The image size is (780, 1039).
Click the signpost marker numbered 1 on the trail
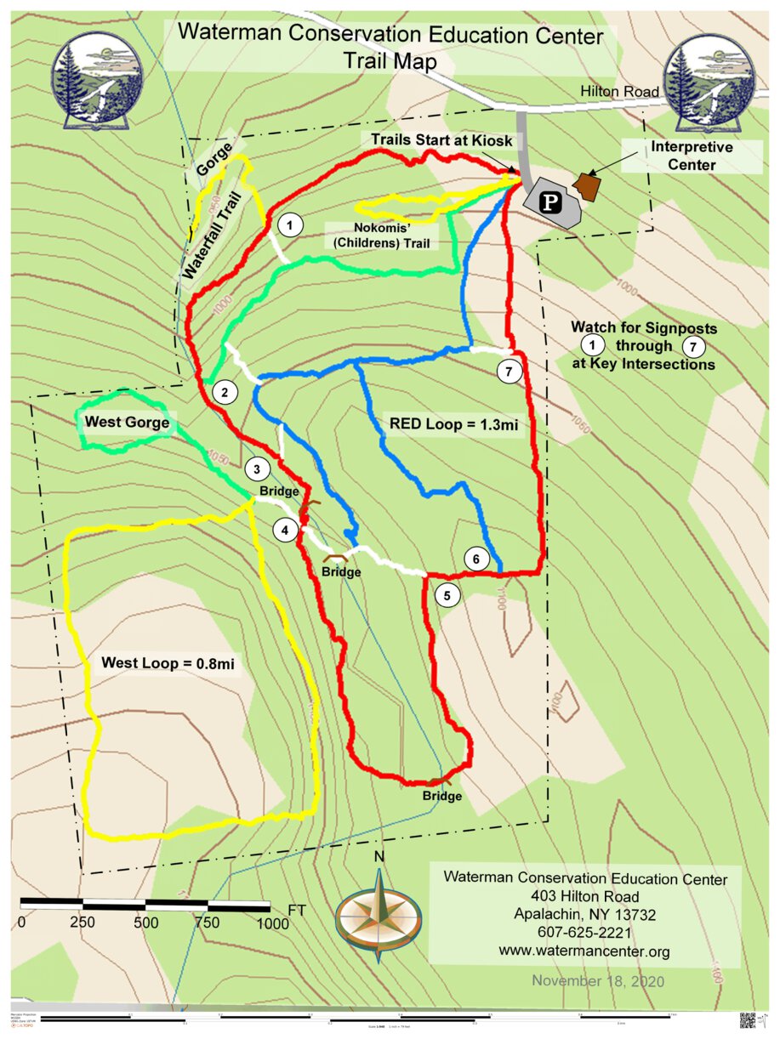pos(291,225)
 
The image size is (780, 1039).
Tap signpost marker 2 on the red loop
pos(225,392)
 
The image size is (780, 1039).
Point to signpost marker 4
pos(285,530)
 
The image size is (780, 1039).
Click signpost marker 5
pos(447,594)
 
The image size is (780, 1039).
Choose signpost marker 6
pos(476,559)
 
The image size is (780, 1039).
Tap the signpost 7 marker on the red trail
pos(509,372)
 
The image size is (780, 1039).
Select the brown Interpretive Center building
pos(587,185)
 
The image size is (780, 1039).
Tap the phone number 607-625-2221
pos(584,933)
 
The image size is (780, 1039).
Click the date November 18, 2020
pos(598,980)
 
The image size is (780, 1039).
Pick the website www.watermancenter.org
pos(584,951)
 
